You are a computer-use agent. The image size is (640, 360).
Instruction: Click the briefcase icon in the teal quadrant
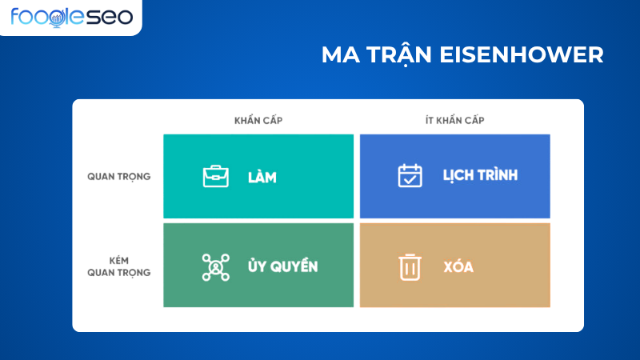pyautogui.click(x=215, y=176)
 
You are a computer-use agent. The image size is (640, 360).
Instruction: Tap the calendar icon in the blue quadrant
pyautogui.click(x=410, y=176)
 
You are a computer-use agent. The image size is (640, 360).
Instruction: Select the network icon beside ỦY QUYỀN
pyautogui.click(x=215, y=266)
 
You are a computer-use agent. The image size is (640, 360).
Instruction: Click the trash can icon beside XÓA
pyautogui.click(x=410, y=266)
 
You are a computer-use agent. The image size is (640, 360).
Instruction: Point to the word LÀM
pyautogui.click(x=262, y=177)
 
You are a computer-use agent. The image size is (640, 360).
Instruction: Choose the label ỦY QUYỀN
pyautogui.click(x=282, y=266)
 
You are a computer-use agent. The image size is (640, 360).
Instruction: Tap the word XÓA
pyautogui.click(x=458, y=266)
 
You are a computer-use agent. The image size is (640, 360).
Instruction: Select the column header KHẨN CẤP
pyautogui.click(x=258, y=120)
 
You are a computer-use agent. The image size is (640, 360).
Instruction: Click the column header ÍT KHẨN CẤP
pyautogui.click(x=454, y=120)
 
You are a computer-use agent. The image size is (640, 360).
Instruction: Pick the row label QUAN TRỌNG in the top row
pyautogui.click(x=118, y=177)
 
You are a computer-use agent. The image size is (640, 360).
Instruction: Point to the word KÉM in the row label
pyautogui.click(x=118, y=261)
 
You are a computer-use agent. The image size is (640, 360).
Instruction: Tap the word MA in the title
pyautogui.click(x=337, y=54)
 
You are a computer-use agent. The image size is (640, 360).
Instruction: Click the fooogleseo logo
pyautogui.click(x=71, y=16)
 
